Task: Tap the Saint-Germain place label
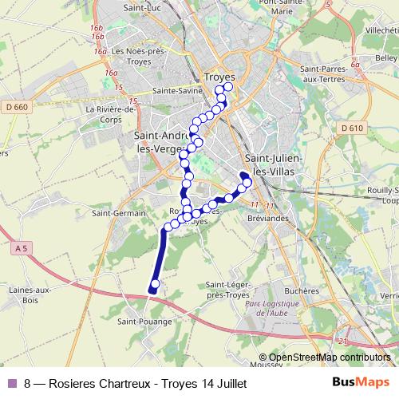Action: (118, 213)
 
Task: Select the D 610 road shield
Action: (351, 128)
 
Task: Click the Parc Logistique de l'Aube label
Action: (276, 309)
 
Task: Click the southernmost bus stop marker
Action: (155, 283)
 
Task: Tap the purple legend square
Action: (12, 383)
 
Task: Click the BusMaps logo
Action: (361, 382)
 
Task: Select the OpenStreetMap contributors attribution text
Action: (329, 358)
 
